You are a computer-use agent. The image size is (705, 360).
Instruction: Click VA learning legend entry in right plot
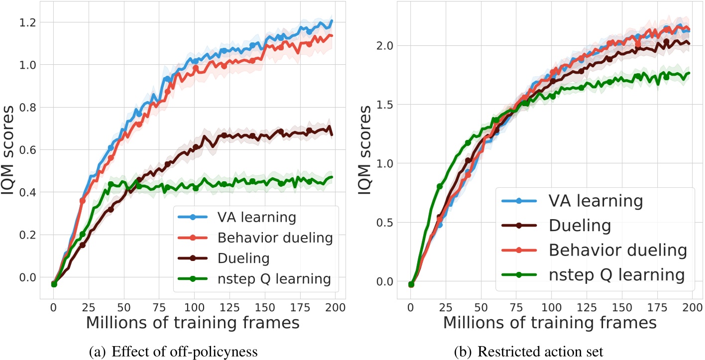568,201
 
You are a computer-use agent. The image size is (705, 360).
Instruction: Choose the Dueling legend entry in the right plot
568,226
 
